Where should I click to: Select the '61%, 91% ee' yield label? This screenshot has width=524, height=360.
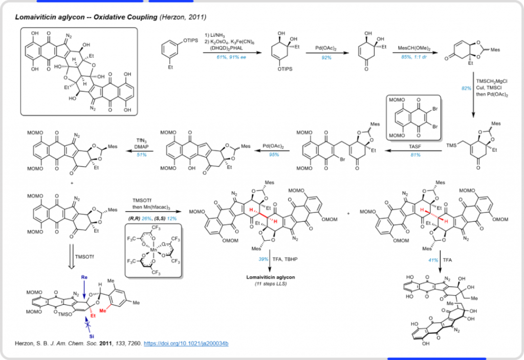(231, 57)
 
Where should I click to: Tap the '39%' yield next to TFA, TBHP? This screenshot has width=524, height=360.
(263, 259)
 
